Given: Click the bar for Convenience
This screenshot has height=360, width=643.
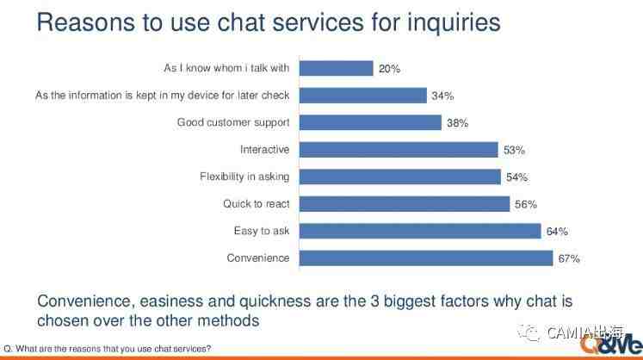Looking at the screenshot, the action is coord(426,258).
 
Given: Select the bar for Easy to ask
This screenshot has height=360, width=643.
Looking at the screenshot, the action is coord(420,231).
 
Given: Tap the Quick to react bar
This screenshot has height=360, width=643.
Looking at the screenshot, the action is coord(405,204).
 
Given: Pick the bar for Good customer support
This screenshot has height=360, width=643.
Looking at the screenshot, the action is coord(370,122).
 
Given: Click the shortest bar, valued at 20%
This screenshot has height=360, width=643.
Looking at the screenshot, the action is coord(337,68).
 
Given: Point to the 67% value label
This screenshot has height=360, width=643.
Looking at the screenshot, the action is coord(569,258).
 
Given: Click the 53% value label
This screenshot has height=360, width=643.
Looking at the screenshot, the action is coord(514,150).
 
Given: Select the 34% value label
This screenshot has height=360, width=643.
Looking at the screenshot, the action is coord(442,96).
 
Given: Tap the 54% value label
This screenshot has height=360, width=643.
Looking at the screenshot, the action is coord(516,177).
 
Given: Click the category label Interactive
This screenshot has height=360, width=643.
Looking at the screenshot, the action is coord(264,149).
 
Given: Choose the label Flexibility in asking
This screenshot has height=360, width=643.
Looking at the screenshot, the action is coord(244,177).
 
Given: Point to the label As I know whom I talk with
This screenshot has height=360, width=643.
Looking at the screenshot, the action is coord(226,68).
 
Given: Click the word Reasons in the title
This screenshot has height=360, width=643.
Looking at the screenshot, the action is coord(86,22).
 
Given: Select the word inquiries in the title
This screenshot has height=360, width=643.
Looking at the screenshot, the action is coord(454,23).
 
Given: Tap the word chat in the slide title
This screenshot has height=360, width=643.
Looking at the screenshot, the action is coord(241,22).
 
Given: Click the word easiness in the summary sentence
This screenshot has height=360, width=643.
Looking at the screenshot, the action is coord(171,301).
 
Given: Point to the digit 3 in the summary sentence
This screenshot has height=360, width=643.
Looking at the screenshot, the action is coord(374,301).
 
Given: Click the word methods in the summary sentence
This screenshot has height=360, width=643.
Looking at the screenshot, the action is coord(228,320).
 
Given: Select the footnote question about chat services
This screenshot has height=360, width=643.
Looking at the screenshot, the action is coord(107,349).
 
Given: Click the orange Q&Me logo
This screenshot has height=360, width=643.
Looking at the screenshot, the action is coord(611,343).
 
